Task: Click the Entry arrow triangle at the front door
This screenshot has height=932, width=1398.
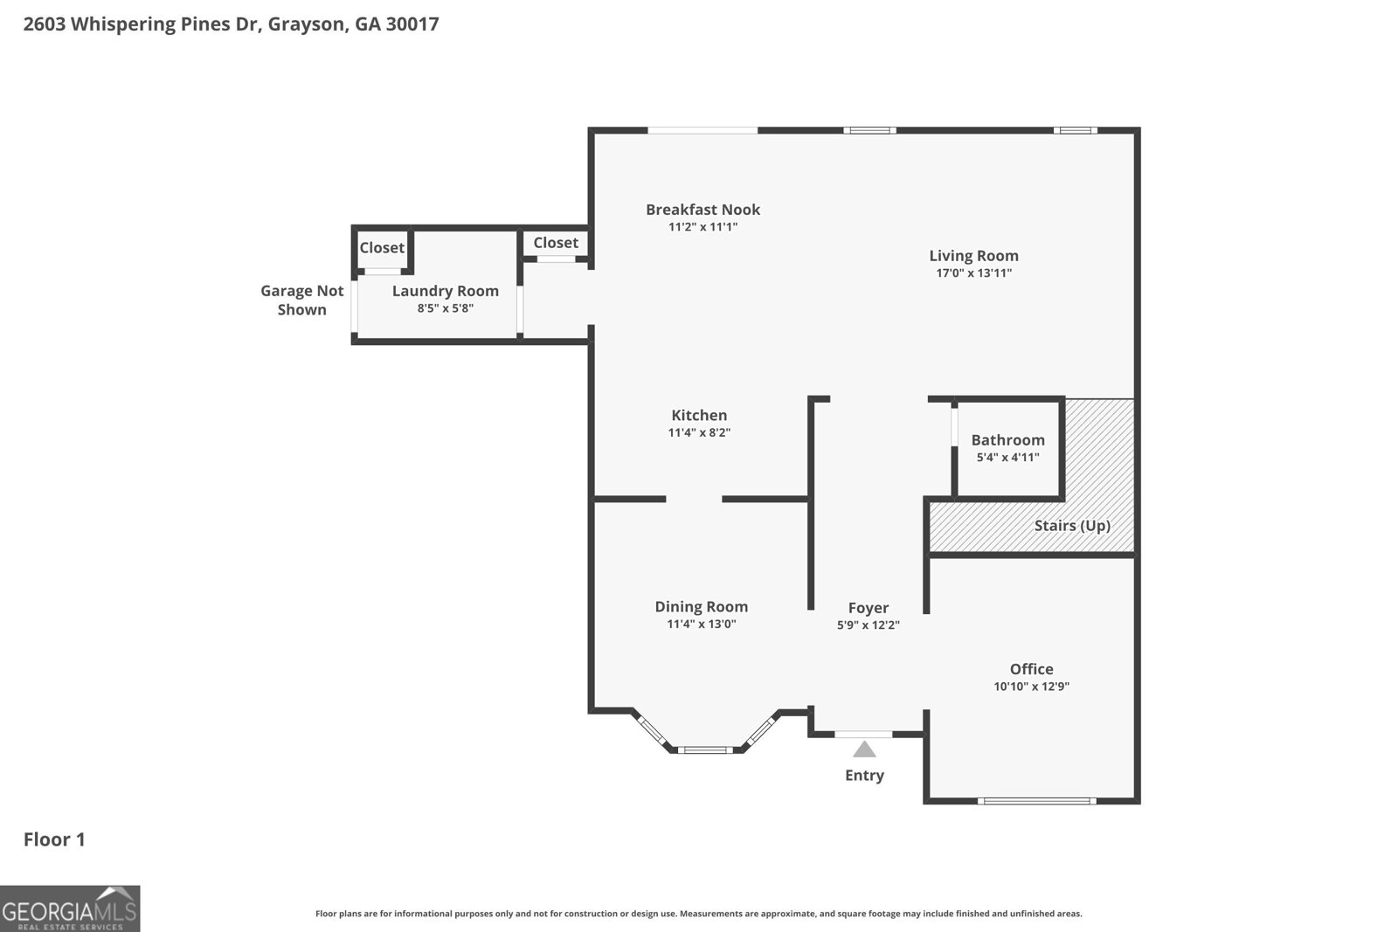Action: tap(864, 749)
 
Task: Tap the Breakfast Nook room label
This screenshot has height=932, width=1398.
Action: tap(702, 210)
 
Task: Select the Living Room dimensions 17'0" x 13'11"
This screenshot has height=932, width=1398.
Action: tap(973, 273)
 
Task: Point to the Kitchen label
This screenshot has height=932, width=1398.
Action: tap(699, 416)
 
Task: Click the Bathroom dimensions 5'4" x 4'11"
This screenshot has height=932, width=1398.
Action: tap(1008, 458)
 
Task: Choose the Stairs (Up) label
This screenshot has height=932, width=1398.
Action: tap(1072, 525)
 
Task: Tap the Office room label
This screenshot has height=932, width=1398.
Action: tap(1032, 669)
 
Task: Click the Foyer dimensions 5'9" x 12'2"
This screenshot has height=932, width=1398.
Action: tap(869, 625)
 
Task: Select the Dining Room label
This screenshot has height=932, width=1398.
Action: tap(702, 607)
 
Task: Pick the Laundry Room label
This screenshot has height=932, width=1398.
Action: tap(446, 292)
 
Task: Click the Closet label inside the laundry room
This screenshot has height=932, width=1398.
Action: tap(382, 248)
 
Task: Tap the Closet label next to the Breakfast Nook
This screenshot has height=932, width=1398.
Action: tap(556, 243)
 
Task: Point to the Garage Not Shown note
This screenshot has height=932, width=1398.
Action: tap(302, 300)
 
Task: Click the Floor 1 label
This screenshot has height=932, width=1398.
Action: tap(54, 839)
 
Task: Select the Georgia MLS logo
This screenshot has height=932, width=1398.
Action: tap(70, 908)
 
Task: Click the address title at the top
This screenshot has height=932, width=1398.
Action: tap(231, 24)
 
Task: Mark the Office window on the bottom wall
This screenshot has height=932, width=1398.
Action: tap(1036, 801)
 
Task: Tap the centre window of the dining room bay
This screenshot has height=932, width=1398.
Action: tap(705, 749)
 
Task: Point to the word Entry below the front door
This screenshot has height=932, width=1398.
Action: tap(864, 776)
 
